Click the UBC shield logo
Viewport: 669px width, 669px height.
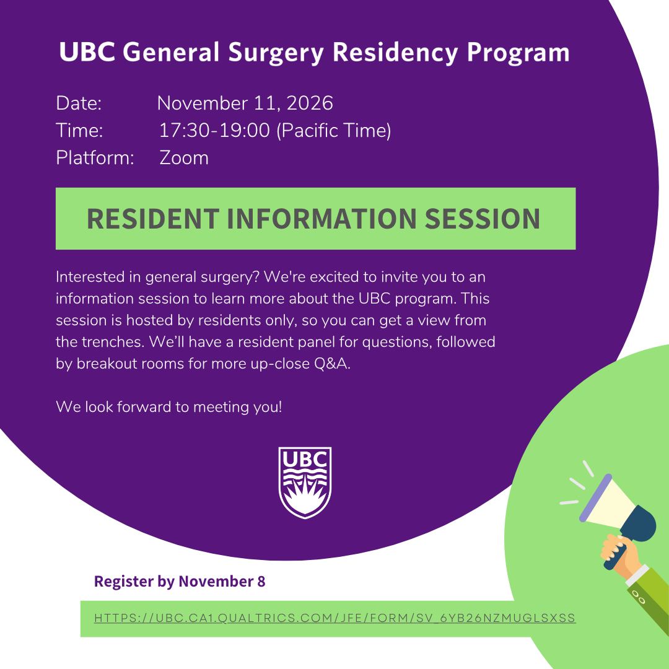click(305, 483)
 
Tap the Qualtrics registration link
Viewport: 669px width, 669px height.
click(335, 618)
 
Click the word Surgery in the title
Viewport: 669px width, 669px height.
click(276, 53)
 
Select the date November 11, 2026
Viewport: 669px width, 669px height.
click(245, 103)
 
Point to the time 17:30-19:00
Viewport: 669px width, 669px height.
click(214, 130)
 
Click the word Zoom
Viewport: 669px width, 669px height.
click(184, 158)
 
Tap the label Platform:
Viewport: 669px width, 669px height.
click(95, 158)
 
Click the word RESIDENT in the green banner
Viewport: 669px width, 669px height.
click(153, 219)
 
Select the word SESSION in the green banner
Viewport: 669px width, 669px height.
click(483, 219)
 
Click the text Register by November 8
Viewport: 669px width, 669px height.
click(180, 582)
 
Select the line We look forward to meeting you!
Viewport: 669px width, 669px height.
click(169, 407)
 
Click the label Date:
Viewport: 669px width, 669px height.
click(79, 103)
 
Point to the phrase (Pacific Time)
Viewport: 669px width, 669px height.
click(334, 131)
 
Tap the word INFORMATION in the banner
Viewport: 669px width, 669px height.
click(321, 219)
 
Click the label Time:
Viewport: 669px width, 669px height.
click(79, 131)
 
